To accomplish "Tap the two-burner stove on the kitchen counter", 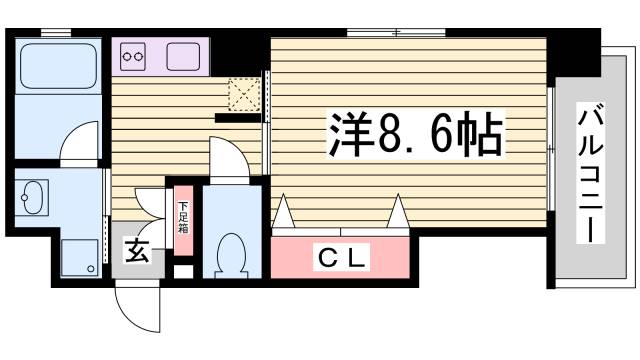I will (134, 57).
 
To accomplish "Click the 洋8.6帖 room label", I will (413, 135).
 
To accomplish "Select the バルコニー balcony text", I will (590, 176).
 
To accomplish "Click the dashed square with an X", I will (243, 94).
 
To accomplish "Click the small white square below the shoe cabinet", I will (182, 271).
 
